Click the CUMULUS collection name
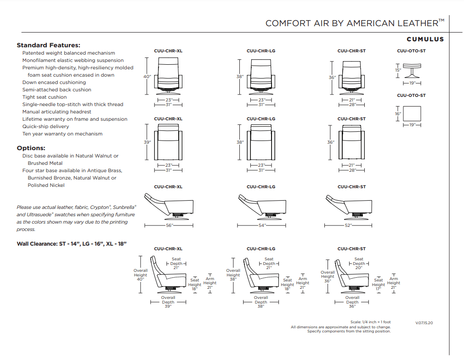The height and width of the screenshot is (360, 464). (x=425, y=39)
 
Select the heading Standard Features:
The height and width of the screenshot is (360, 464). (x=48, y=45)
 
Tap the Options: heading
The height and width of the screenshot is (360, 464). (x=31, y=148)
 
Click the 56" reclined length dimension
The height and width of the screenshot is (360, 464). (x=169, y=225)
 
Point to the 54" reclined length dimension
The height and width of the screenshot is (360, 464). (x=261, y=225)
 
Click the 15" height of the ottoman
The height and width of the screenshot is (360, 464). (x=398, y=70)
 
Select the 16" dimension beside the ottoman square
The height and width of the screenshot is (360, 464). (x=398, y=113)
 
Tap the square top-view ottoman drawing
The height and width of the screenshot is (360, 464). (x=412, y=113)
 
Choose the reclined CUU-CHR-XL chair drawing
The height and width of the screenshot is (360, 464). (x=169, y=205)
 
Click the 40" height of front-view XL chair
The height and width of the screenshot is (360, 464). (x=147, y=77)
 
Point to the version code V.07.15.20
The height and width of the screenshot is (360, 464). (x=424, y=323)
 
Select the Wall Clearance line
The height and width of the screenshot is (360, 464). (x=72, y=243)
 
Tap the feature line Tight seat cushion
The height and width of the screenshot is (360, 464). (x=45, y=97)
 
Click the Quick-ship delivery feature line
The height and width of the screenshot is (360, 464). (x=46, y=126)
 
